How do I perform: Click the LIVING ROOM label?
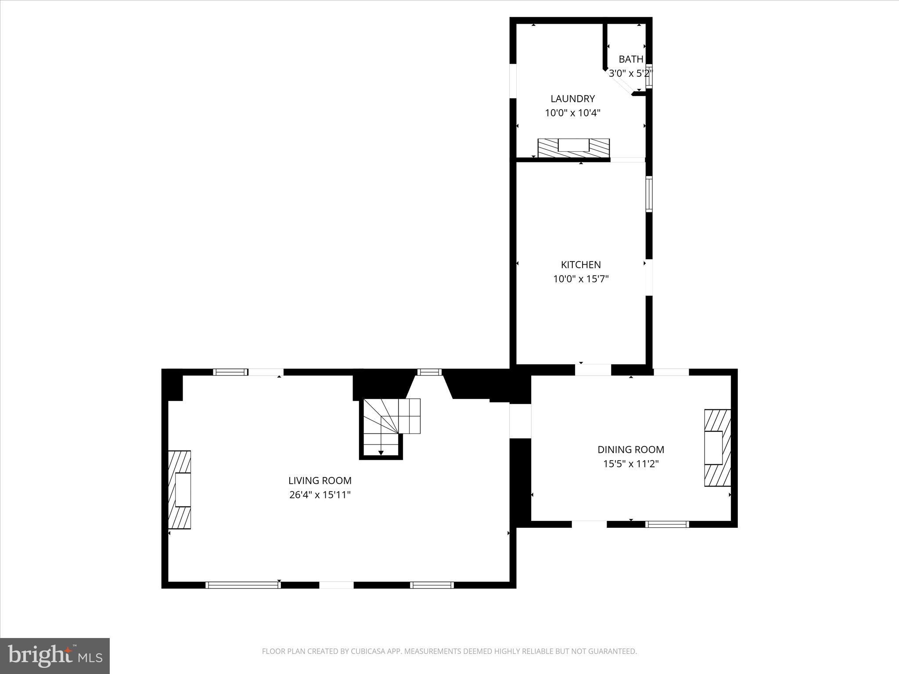click(x=320, y=480)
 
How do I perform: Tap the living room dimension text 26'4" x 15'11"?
click(x=320, y=495)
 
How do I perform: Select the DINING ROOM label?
click(x=630, y=449)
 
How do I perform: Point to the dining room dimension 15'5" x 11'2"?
click(x=630, y=464)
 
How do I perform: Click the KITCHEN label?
click(x=581, y=265)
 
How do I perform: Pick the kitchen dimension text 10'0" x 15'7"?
click(x=581, y=279)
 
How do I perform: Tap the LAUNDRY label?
click(x=572, y=99)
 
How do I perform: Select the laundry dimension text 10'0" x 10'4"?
click(x=572, y=113)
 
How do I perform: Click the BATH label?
click(x=631, y=59)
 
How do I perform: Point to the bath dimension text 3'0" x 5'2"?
click(x=630, y=73)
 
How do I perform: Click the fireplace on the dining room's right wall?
click(x=717, y=448)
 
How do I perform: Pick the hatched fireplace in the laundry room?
click(x=573, y=148)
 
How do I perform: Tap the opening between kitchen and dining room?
click(x=593, y=370)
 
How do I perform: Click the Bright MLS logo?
click(x=54, y=656)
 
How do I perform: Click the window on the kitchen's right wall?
click(x=649, y=194)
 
